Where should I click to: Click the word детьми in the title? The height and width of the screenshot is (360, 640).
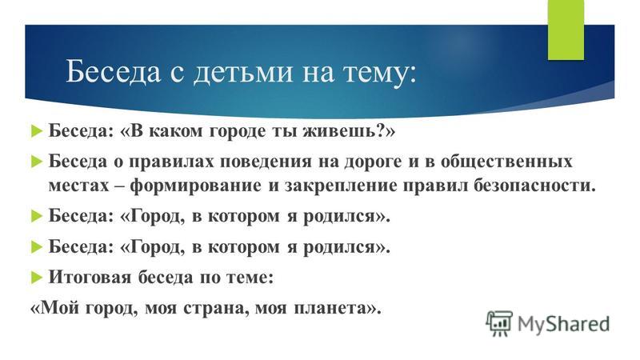pos(242,72)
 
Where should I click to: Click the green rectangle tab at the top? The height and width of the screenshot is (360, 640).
pos(566,30)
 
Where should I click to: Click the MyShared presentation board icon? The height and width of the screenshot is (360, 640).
pos(498,323)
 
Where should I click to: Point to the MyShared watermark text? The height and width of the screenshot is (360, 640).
pos(563,324)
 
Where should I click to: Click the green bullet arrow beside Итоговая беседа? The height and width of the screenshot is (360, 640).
pos(36,278)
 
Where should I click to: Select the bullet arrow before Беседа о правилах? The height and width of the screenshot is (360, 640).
pos(36,162)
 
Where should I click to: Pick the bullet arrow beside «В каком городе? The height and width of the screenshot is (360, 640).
pos(36,131)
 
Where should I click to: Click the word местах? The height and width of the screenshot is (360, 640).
pos(78,186)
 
